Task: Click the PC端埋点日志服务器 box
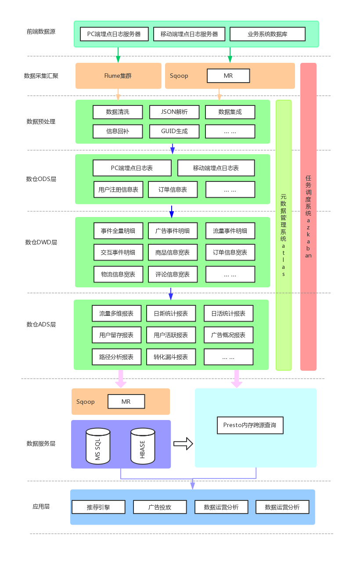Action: point(114,34)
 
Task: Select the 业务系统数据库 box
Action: point(267,34)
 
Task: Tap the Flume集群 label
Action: point(118,76)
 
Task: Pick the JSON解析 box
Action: point(174,112)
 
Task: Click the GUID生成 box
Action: point(174,131)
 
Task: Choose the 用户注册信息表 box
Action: point(118,189)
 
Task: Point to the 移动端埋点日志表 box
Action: point(216,168)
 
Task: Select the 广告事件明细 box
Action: point(173,231)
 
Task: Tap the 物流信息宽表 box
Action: point(118,274)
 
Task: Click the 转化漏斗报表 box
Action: point(171,357)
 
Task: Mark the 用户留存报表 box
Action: point(116,335)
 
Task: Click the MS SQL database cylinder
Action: point(98,446)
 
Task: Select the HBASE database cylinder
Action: point(143,446)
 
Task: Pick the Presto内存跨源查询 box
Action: point(250,425)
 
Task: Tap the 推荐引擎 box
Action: point(98,507)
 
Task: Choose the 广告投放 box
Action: point(160,507)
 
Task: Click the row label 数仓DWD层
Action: point(41,242)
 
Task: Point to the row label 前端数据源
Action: point(41,32)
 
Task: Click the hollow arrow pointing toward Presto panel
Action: point(183,444)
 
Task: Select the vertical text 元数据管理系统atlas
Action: point(284,235)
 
